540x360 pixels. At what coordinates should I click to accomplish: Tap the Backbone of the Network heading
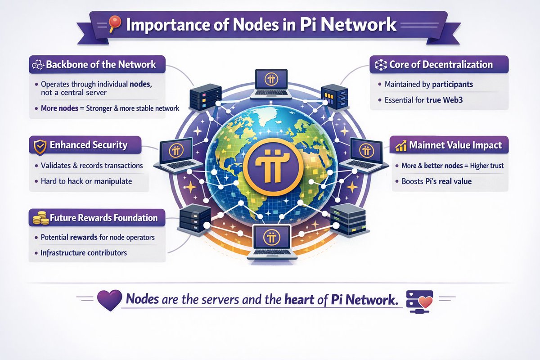tap(101, 65)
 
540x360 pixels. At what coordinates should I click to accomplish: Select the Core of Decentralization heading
tap(441, 65)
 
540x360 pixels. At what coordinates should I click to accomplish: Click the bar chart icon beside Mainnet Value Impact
tap(401, 146)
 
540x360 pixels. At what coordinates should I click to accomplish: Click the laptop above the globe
tap(271, 84)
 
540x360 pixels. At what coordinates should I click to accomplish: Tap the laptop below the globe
tap(272, 242)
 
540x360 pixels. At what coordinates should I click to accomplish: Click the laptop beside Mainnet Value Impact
tap(364, 155)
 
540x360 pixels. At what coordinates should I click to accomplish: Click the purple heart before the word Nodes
tap(110, 300)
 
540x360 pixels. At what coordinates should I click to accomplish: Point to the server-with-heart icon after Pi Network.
tap(419, 301)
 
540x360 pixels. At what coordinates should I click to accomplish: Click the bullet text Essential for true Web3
tap(423, 100)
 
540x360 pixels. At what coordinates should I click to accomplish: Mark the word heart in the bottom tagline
tap(299, 300)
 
